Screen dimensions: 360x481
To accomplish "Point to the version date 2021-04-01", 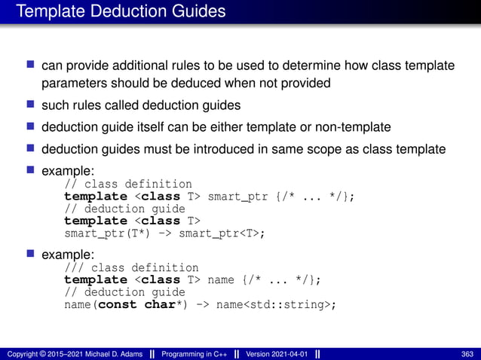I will point(288,354).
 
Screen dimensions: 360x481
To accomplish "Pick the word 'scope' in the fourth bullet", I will point(311,148).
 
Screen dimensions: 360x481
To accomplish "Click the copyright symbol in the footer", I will point(43,354).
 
